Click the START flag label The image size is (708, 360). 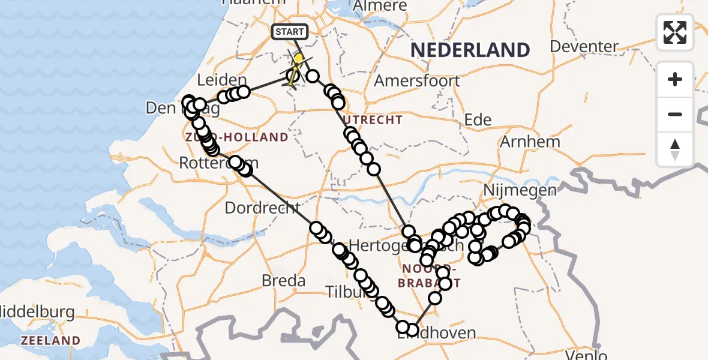(291, 31)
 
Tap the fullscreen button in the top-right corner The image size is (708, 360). (675, 32)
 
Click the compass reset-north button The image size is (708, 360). (675, 149)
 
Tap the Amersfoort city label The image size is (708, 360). (417, 80)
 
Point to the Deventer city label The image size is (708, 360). (584, 46)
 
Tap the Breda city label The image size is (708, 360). (283, 280)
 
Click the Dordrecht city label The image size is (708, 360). (262, 208)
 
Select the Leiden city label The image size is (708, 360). (221, 80)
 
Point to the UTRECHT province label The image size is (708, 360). (373, 120)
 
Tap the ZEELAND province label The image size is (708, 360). (50, 340)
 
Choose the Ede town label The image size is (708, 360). (478, 119)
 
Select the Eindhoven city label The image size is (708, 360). (437, 334)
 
